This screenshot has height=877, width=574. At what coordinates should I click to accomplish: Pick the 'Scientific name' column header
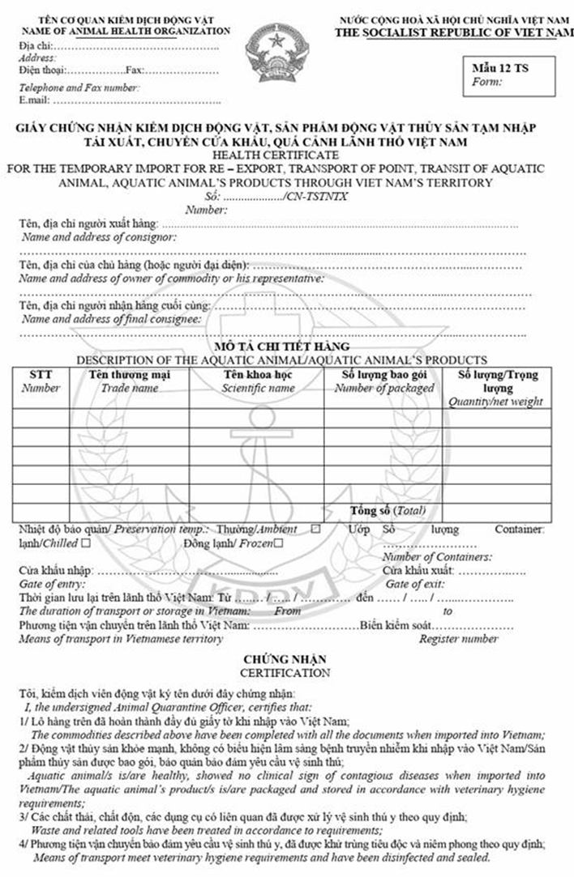[x=258, y=381]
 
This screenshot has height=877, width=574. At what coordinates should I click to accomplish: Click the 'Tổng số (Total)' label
[x=388, y=512]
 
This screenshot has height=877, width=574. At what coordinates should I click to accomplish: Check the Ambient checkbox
[x=315, y=529]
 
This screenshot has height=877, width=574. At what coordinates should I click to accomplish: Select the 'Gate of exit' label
[x=414, y=583]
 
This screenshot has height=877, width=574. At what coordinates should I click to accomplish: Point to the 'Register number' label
[x=458, y=638]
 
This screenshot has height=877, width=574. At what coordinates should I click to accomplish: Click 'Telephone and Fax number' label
[x=79, y=87]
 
